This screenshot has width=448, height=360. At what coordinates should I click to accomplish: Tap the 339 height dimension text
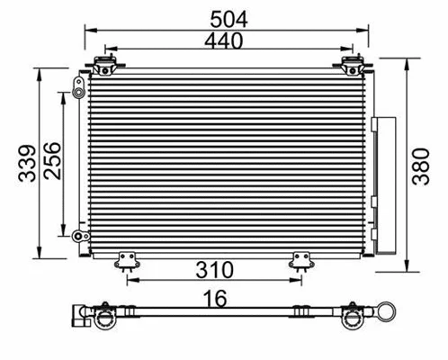tap(29, 162)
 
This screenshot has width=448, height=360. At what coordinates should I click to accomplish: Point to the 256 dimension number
tap(52, 162)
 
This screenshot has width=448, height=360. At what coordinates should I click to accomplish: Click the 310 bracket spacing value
tap(215, 269)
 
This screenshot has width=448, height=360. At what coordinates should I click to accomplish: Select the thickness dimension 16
tap(214, 297)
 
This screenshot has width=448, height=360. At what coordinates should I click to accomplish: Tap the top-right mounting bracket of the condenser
tap(351, 66)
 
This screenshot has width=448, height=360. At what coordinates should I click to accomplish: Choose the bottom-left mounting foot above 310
tap(127, 260)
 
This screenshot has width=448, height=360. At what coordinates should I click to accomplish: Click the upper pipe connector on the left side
tap(76, 88)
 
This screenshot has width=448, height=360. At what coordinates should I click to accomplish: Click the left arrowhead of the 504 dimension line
tap(87, 29)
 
